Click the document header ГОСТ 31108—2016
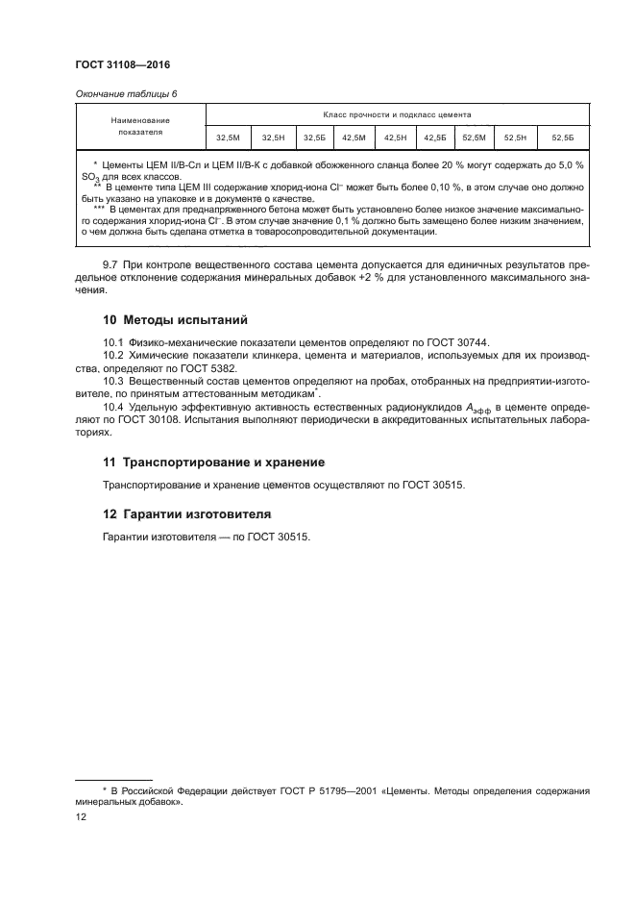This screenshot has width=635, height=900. click(x=115, y=65)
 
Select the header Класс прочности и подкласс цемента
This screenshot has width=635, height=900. click(x=395, y=114)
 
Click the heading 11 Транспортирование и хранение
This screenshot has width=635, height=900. click(x=213, y=462)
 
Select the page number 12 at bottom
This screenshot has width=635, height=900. click(x=81, y=816)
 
